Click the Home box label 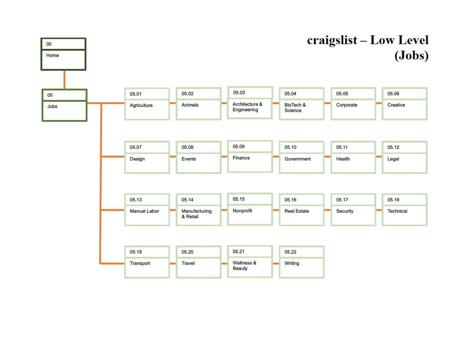[52, 55]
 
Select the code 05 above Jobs [50, 95]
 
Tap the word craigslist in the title [332, 40]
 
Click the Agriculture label [141, 105]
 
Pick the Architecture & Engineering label [247, 107]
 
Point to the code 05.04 [290, 94]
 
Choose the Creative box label [396, 105]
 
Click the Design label [137, 159]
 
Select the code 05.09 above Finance [238, 147]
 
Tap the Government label [297, 159]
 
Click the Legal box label [393, 159]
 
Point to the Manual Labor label [144, 211]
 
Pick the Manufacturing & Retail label [196, 214]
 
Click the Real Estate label [296, 211]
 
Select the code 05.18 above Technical [393, 200]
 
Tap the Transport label [140, 263]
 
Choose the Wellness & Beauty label [244, 266]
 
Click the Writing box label [292, 263]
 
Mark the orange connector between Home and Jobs [65, 80]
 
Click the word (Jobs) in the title [411, 56]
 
